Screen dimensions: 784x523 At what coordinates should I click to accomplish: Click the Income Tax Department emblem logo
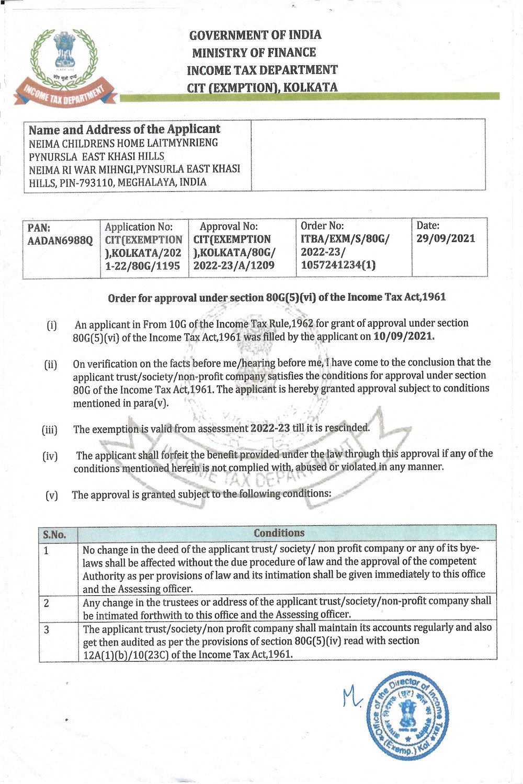coord(64,66)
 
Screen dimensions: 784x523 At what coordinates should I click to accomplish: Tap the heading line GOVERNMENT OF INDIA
coord(255,36)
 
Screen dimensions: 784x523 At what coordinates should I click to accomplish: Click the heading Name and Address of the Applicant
coord(124,129)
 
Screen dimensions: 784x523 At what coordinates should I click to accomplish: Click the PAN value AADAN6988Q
coord(60,240)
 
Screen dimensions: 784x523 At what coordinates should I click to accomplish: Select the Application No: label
coord(139,227)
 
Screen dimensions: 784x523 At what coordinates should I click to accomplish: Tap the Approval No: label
coord(229,226)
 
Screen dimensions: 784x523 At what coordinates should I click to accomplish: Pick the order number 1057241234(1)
coord(338,264)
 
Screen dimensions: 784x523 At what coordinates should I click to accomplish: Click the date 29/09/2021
coord(446,239)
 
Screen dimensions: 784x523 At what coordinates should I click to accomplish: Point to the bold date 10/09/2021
coord(404,336)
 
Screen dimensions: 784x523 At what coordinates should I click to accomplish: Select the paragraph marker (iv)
coord(50,456)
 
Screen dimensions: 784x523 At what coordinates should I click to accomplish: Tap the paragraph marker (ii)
coord(51,364)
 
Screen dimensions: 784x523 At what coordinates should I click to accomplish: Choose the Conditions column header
coord(279,533)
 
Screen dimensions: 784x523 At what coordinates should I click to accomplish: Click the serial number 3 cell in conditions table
coord(47,630)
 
